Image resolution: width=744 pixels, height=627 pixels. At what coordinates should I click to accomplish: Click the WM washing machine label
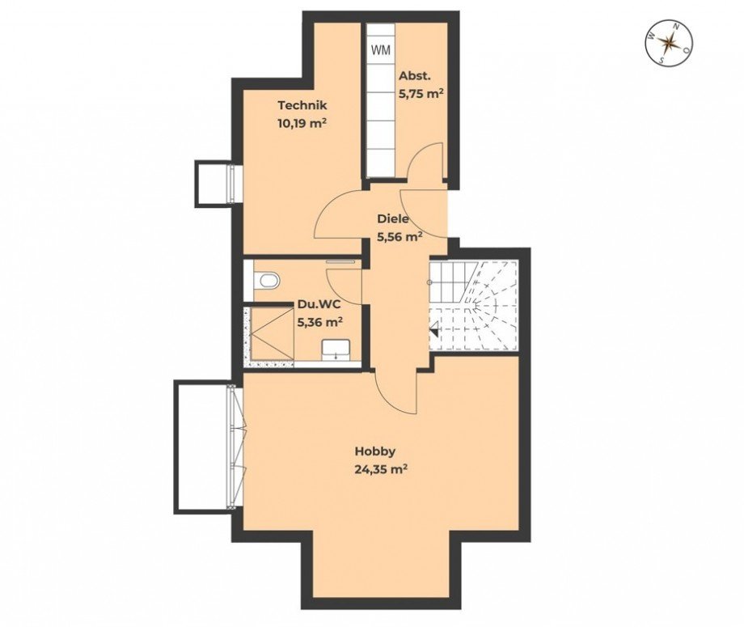coord(380,49)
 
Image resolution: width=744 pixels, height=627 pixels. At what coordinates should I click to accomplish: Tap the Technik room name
coord(302,105)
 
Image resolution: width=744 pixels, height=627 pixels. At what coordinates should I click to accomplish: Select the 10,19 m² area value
coord(302,124)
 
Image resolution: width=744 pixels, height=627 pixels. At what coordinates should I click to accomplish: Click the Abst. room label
coord(415,76)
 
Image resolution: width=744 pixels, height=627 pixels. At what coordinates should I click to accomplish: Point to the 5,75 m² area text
coord(420,93)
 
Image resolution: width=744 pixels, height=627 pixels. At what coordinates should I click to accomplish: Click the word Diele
coord(393,218)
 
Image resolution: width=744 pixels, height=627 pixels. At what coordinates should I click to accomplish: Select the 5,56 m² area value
coord(399,237)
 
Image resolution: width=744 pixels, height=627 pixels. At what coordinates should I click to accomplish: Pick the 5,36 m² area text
coord(319,321)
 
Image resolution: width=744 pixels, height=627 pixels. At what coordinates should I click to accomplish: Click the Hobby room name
coord(375,451)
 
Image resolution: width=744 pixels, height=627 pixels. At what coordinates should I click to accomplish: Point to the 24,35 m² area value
coord(380,469)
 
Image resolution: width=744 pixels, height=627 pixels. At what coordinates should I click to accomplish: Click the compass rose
coord(669,44)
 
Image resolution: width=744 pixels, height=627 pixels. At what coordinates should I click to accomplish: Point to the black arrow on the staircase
coord(433,329)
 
